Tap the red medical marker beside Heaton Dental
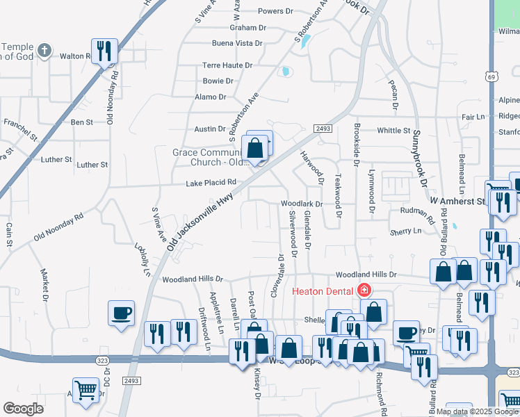point(362,291)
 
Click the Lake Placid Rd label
point(211,183)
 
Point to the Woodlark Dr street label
point(301,204)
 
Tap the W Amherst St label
point(456,201)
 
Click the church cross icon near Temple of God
point(44,50)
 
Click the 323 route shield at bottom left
point(103,359)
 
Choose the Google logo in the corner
point(23,409)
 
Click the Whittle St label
point(393,131)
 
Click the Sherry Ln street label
point(407,231)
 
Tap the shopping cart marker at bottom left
point(86,389)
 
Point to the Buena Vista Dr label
point(237,43)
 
